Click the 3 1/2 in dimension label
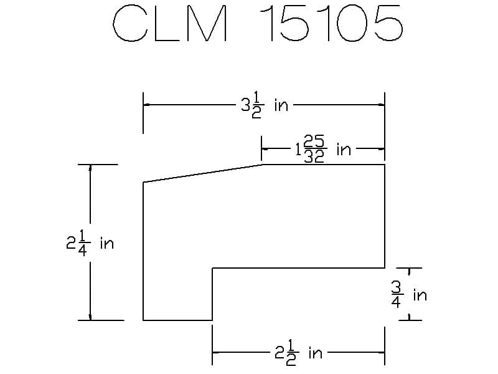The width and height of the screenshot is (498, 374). coord(265,105)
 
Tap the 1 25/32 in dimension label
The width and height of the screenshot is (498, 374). coord(323,150)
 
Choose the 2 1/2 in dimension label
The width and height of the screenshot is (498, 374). coord(299,353)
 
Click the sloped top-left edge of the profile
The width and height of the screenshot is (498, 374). coord(202,173)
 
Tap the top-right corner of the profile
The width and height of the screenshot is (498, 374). coord(384,165)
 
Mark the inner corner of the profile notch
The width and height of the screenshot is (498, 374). coord(213,268)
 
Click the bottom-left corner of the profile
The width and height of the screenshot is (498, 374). coord(144,320)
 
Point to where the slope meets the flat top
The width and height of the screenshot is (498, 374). coord(263,165)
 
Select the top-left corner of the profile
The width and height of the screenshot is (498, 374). coord(144,182)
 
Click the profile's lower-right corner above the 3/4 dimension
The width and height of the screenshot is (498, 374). coord(384,268)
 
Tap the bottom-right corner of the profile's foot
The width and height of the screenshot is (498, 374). coord(213,320)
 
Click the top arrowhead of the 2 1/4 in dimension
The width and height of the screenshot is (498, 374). coord(90,168)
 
